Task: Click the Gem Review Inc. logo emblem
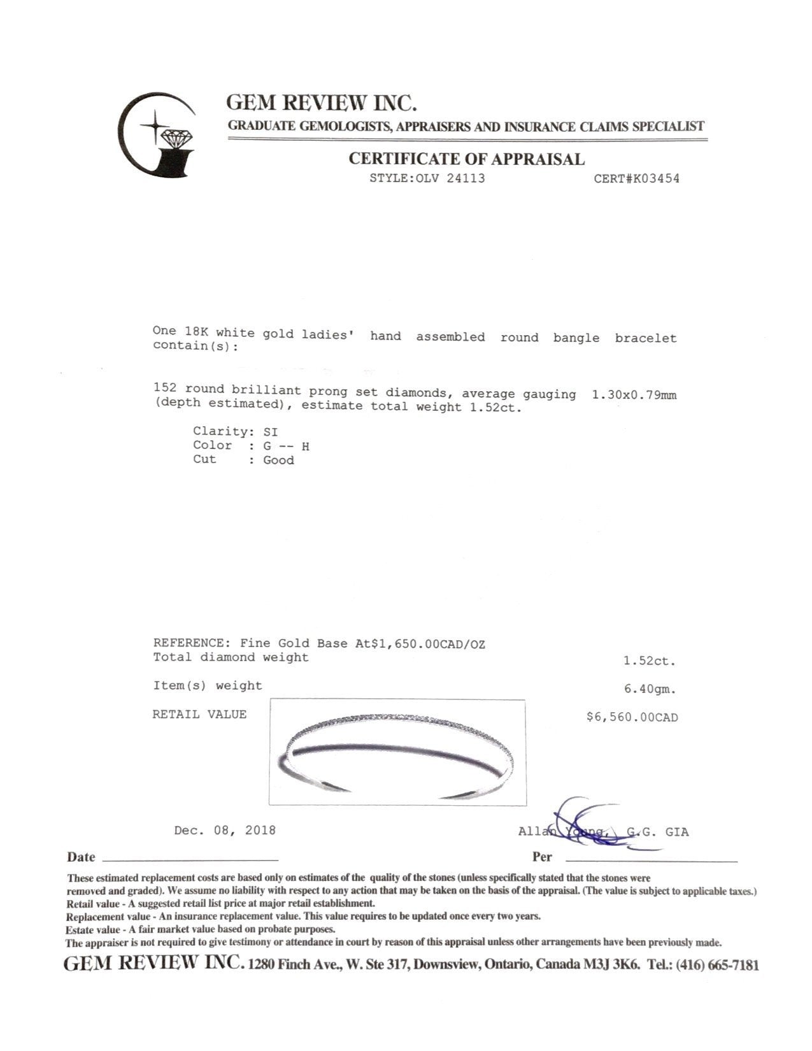point(157,135)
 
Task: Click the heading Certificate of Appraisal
point(466,159)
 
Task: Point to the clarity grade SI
point(271,432)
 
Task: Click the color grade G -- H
point(287,447)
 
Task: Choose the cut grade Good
point(279,461)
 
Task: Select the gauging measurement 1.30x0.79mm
point(634,395)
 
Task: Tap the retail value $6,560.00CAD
point(632,717)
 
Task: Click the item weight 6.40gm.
point(649,689)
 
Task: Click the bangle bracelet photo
point(397,752)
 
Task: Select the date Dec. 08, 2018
point(225,831)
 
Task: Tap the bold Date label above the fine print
point(81,857)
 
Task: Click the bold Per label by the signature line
point(542,857)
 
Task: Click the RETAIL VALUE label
point(199,715)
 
